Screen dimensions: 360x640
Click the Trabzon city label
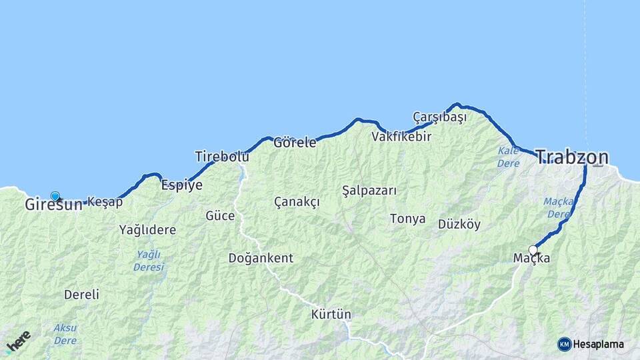572,157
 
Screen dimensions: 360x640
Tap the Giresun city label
53,205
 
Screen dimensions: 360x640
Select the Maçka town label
531,258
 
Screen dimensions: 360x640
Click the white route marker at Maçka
533,250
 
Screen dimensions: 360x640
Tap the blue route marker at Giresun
55,197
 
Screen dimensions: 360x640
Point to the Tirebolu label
221,157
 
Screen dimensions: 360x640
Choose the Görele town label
295,142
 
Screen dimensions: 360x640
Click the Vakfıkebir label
401,137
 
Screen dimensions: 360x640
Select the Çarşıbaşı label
439,117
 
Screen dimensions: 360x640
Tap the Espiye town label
181,185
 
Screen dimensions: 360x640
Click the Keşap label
105,202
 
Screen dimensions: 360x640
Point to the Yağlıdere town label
147,230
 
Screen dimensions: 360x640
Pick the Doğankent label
261,258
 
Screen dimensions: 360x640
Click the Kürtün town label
331,314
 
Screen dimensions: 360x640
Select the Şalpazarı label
369,191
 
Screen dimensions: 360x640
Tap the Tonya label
407,219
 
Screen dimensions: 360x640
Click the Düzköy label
459,225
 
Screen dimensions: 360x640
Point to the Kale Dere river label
508,157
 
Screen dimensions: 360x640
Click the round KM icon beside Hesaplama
565,344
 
